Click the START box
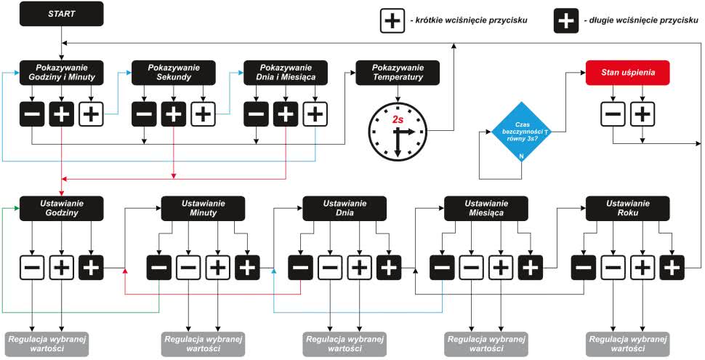[62, 14]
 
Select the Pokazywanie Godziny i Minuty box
[62, 71]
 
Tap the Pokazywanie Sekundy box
[173, 71]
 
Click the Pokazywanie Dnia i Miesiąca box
[285, 71]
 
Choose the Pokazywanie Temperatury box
[398, 71]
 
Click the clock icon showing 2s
[397, 131]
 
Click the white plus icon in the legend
[392, 20]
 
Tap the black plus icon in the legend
[566, 20]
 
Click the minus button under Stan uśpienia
[613, 113]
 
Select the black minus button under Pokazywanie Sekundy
[144, 113]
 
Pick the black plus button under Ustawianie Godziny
[91, 268]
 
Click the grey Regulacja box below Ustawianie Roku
[627, 344]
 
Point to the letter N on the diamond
[521, 157]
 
